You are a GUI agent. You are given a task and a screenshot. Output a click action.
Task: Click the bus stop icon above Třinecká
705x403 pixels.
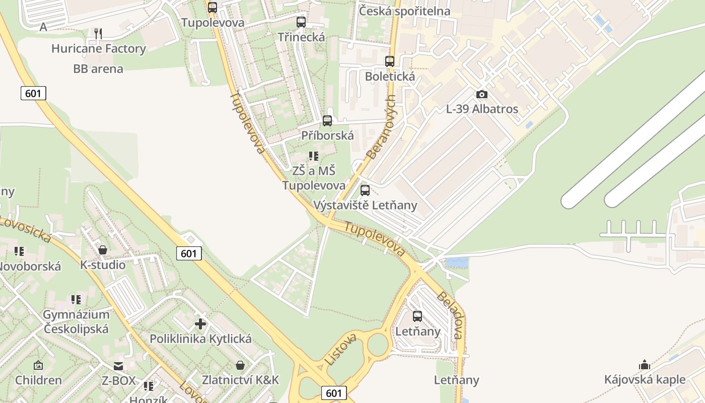point(301,22)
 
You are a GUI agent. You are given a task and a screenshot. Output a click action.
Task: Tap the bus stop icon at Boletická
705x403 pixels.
point(390,61)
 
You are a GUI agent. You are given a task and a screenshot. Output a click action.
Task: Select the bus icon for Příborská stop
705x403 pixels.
point(327,120)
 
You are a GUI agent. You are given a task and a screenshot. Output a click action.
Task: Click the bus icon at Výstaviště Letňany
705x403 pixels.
point(365,190)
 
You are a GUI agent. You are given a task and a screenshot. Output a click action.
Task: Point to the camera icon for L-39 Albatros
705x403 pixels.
point(482,94)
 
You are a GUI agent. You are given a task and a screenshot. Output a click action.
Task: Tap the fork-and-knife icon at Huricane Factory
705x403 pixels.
point(98,34)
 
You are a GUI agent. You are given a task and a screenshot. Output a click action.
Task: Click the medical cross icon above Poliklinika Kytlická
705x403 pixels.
point(200,323)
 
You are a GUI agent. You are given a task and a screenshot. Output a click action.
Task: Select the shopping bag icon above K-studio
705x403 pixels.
point(103,250)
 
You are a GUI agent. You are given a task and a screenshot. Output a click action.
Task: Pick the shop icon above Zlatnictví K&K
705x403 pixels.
point(240,365)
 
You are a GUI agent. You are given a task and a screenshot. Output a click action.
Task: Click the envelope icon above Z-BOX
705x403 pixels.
point(118,366)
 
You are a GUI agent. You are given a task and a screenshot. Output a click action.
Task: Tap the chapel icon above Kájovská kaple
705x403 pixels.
point(645,365)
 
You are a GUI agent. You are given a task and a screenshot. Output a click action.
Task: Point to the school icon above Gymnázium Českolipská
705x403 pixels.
point(76,300)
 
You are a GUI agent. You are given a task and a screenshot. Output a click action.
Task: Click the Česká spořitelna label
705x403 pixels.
point(404,11)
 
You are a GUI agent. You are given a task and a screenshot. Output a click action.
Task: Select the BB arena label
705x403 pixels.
point(98,69)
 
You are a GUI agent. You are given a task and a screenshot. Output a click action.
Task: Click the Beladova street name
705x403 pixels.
point(450,315)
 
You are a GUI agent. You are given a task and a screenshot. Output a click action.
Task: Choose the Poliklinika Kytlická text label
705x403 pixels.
point(200,339)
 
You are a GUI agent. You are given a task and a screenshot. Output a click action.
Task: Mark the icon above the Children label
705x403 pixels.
point(38,365)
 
